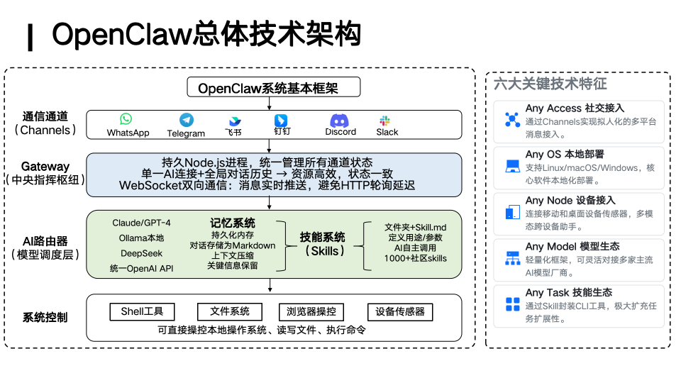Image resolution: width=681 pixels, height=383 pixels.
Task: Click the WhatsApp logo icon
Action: (x=126, y=119)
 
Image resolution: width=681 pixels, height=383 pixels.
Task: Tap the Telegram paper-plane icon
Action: (x=186, y=120)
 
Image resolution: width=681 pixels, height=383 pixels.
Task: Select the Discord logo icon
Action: (x=340, y=120)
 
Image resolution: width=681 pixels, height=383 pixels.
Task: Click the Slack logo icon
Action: (x=386, y=121)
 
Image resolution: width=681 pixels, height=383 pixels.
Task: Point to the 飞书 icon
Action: (x=234, y=121)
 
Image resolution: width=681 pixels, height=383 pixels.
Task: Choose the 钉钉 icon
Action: (x=281, y=120)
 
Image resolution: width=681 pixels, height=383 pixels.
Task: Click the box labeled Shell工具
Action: (x=142, y=311)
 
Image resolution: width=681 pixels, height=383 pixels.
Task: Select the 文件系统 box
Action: (x=229, y=311)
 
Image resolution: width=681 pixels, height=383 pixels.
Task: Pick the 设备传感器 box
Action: (x=399, y=311)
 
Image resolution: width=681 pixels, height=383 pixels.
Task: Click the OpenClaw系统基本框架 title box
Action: (x=273, y=88)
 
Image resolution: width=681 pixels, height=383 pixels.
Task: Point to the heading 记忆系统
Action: (x=233, y=223)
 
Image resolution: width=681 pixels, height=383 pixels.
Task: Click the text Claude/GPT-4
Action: (x=141, y=223)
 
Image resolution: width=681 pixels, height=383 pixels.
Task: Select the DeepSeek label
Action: (x=141, y=253)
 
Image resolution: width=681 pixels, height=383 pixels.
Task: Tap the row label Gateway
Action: (x=45, y=166)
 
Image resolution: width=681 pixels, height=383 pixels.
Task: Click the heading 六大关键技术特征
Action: (x=550, y=84)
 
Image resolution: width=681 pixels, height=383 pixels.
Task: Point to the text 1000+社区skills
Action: (x=415, y=258)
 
